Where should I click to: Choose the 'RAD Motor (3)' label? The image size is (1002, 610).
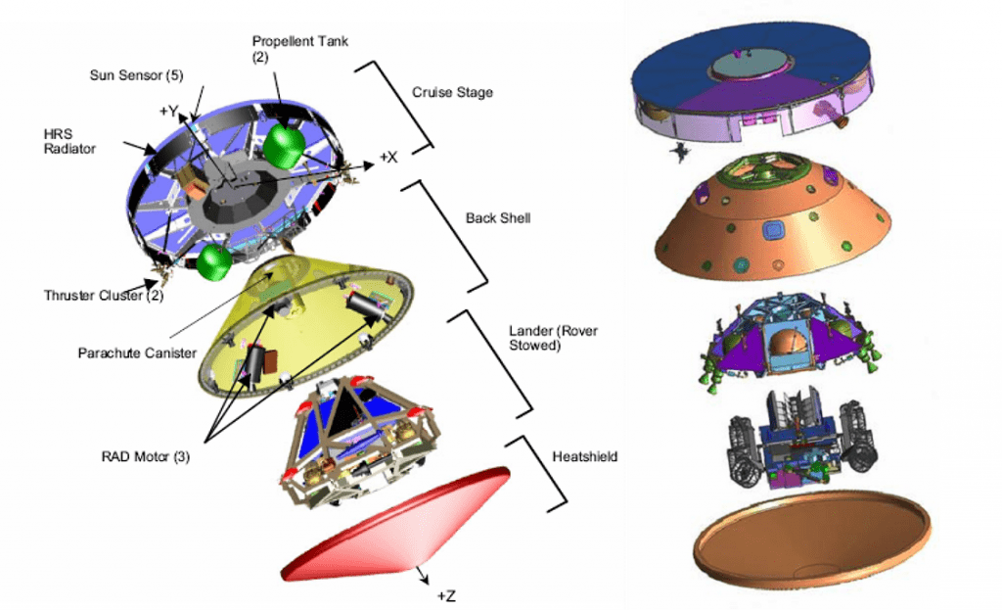pos(144,455)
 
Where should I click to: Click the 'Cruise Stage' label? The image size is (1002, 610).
pos(452,93)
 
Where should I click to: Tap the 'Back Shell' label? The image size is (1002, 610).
pos(500,218)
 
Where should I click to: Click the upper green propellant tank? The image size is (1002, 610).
pos(283,146)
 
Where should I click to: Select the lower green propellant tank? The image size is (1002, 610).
pos(214,262)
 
